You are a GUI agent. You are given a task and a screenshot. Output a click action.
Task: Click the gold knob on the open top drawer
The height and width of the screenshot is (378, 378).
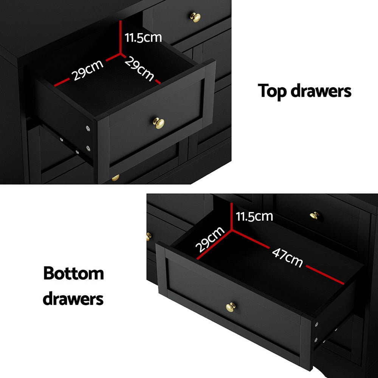158,122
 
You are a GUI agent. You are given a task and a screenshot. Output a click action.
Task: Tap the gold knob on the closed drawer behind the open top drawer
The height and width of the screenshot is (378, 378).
195,17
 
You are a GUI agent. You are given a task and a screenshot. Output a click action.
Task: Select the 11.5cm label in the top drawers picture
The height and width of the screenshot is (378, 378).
143,37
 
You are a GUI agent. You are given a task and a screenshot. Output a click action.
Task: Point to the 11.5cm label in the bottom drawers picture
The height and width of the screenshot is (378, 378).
254,216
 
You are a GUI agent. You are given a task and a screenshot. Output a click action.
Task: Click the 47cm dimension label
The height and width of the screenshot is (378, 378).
287,257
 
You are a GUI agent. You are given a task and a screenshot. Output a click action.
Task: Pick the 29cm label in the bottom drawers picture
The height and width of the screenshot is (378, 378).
210,240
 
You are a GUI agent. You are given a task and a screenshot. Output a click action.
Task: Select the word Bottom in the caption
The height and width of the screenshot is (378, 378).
73,273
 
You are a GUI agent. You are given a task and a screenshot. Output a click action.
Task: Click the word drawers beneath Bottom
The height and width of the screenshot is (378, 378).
73,298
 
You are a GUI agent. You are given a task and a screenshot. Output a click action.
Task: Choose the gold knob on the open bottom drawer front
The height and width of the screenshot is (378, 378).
230,307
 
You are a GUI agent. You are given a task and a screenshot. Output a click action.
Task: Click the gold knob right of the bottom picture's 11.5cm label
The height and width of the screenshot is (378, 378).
314,216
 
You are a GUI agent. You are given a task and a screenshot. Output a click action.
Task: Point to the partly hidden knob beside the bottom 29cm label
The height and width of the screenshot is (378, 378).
149,236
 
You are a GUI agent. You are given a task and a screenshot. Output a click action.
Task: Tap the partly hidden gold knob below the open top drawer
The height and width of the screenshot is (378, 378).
115,177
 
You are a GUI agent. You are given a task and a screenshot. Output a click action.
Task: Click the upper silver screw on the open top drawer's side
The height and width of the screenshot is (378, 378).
88,129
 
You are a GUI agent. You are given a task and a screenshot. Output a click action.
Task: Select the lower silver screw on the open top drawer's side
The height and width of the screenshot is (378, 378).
88,148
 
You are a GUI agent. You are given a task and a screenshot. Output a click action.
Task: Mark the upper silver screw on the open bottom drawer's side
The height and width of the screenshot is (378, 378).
316,324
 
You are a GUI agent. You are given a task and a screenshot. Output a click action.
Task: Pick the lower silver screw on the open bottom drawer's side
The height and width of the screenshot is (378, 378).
316,339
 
